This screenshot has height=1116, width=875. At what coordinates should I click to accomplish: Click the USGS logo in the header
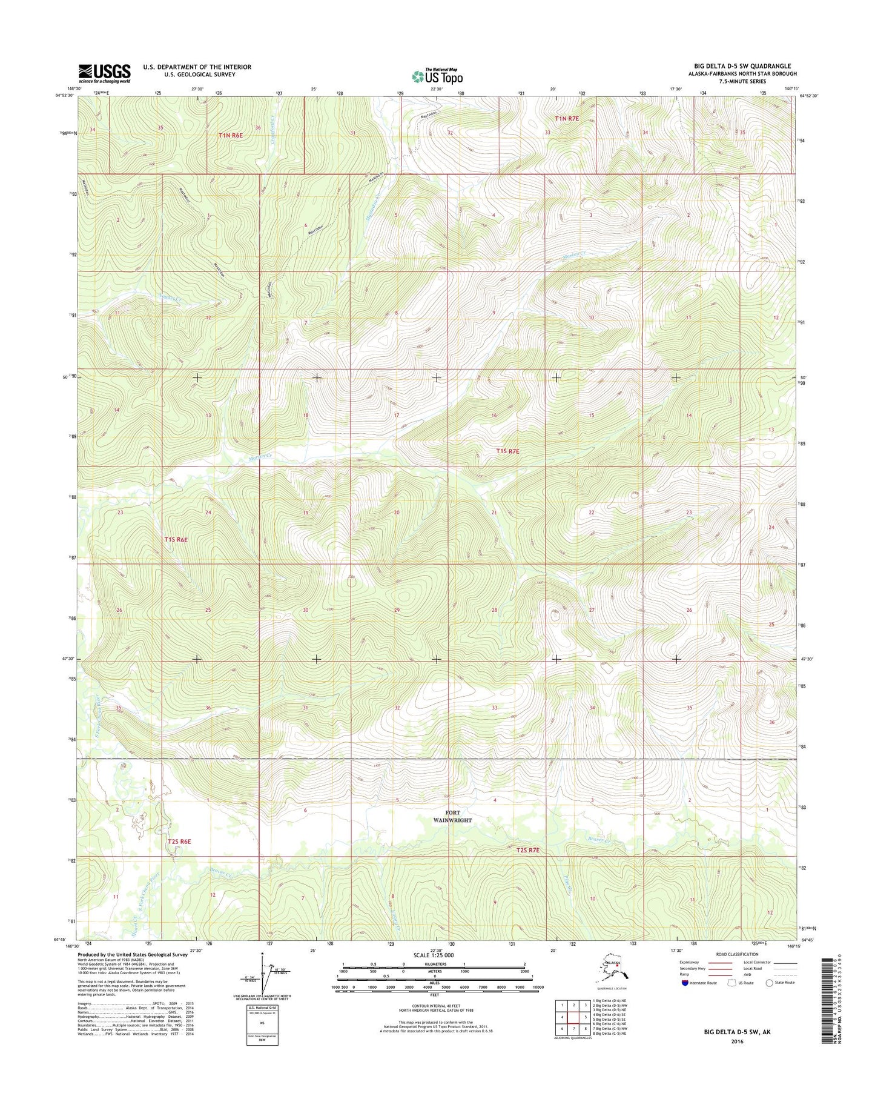click(104, 73)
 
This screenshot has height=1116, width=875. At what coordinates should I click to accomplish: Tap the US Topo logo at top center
click(437, 76)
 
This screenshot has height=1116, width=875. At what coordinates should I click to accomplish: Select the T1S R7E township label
click(507, 451)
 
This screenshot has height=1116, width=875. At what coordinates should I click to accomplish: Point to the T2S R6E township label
click(179, 842)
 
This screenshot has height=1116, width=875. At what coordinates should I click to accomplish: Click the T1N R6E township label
click(230, 136)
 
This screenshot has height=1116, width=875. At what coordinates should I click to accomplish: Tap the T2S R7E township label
click(527, 850)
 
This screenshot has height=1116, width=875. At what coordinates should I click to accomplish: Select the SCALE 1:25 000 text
click(438, 955)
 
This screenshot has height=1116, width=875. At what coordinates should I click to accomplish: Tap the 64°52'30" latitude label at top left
click(63, 96)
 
